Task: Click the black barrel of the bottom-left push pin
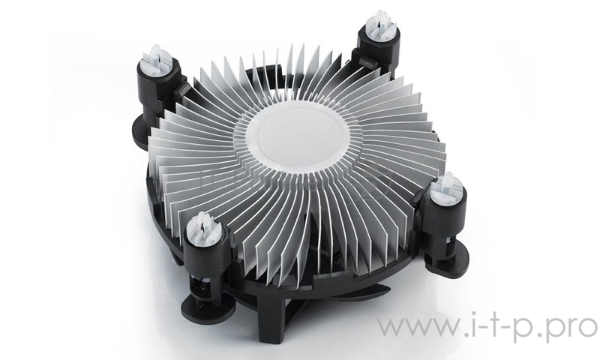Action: (206, 259)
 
